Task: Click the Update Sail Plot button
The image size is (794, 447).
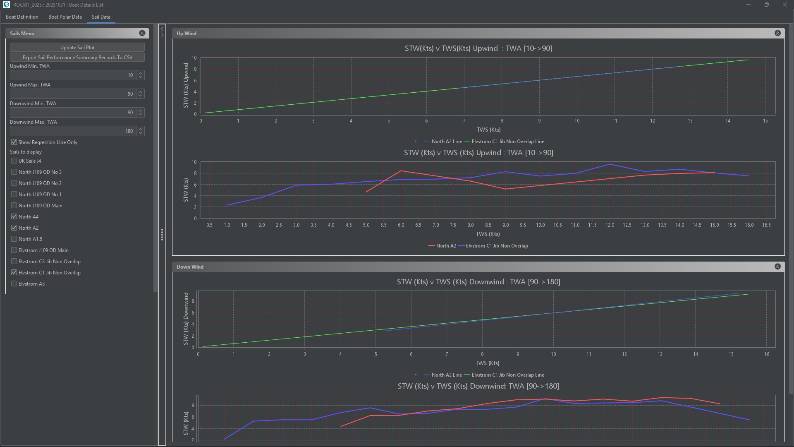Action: pyautogui.click(x=77, y=48)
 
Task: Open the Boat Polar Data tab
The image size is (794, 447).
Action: pyautogui.click(x=65, y=17)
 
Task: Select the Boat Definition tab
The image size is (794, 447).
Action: pyautogui.click(x=22, y=17)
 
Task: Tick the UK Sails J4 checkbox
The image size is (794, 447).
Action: pyautogui.click(x=14, y=161)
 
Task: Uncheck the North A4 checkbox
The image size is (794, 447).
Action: pyautogui.click(x=14, y=217)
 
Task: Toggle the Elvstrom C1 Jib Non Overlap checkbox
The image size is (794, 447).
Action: pyautogui.click(x=14, y=273)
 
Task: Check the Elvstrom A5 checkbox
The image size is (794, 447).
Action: pyautogui.click(x=14, y=284)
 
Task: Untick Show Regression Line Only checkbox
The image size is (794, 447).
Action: pyautogui.click(x=14, y=142)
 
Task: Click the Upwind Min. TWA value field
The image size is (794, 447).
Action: pyautogui.click(x=72, y=75)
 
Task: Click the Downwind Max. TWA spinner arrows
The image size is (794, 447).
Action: pyautogui.click(x=141, y=131)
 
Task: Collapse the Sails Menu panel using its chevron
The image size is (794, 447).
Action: pyautogui.click(x=142, y=33)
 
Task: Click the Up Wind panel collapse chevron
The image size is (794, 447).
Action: pyautogui.click(x=777, y=33)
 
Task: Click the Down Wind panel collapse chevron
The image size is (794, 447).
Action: pyautogui.click(x=777, y=267)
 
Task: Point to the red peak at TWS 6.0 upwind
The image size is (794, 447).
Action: pyautogui.click(x=401, y=171)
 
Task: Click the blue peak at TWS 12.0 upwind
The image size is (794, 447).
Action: pyautogui.click(x=610, y=164)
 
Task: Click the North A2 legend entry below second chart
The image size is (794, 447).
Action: pyautogui.click(x=442, y=246)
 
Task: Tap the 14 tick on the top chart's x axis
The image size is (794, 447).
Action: pyautogui.click(x=727, y=121)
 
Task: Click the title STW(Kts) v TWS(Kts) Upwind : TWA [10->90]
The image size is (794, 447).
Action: pyautogui.click(x=478, y=48)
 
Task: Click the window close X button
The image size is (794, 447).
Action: pyautogui.click(x=784, y=5)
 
